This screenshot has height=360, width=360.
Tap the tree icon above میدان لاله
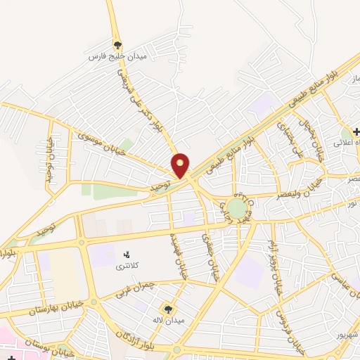(x=168, y=308)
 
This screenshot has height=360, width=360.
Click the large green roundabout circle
(x=237, y=209)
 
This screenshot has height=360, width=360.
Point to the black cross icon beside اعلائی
(x=356, y=131)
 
